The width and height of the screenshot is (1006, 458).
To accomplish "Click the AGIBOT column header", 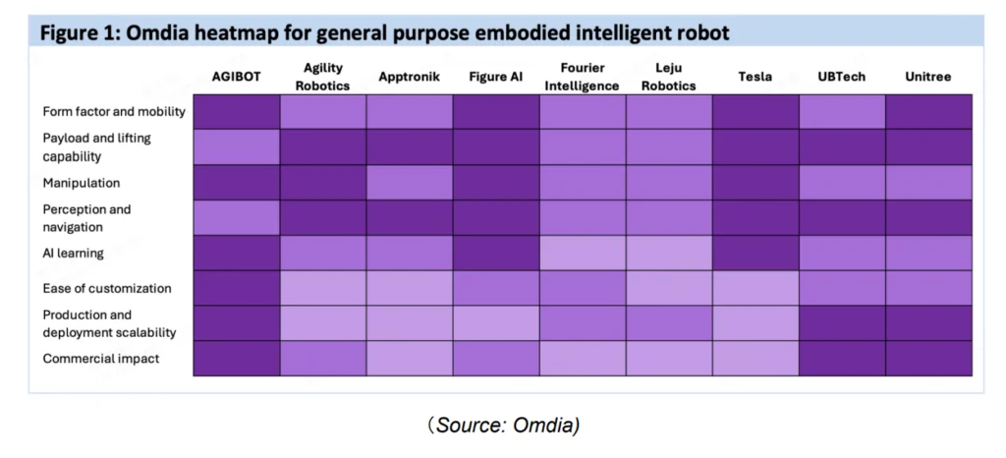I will (237, 77).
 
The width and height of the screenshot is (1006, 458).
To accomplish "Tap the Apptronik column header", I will (410, 77).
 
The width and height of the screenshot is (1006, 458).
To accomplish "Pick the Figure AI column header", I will (496, 77).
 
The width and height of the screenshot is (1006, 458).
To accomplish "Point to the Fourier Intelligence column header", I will (583, 77).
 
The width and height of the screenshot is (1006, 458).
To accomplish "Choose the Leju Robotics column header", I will (669, 77).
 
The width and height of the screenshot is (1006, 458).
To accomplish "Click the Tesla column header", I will (755, 77).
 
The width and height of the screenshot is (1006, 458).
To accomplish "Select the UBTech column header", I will (842, 77).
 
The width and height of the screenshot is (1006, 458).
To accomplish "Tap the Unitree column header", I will (929, 77).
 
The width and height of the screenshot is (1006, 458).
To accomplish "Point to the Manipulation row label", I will (82, 183).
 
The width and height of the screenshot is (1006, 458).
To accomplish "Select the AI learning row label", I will (74, 253).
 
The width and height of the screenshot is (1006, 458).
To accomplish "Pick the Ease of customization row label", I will (107, 288).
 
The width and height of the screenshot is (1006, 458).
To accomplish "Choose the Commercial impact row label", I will (101, 359).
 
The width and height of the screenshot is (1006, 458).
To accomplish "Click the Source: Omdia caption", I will (503, 425).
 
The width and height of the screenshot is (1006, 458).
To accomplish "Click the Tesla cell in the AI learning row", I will (755, 253).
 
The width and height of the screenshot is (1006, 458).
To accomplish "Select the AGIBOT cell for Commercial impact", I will (237, 359).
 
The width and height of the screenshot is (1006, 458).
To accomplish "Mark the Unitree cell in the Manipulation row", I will (929, 183).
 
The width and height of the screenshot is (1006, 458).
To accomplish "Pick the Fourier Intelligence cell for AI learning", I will (583, 253).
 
